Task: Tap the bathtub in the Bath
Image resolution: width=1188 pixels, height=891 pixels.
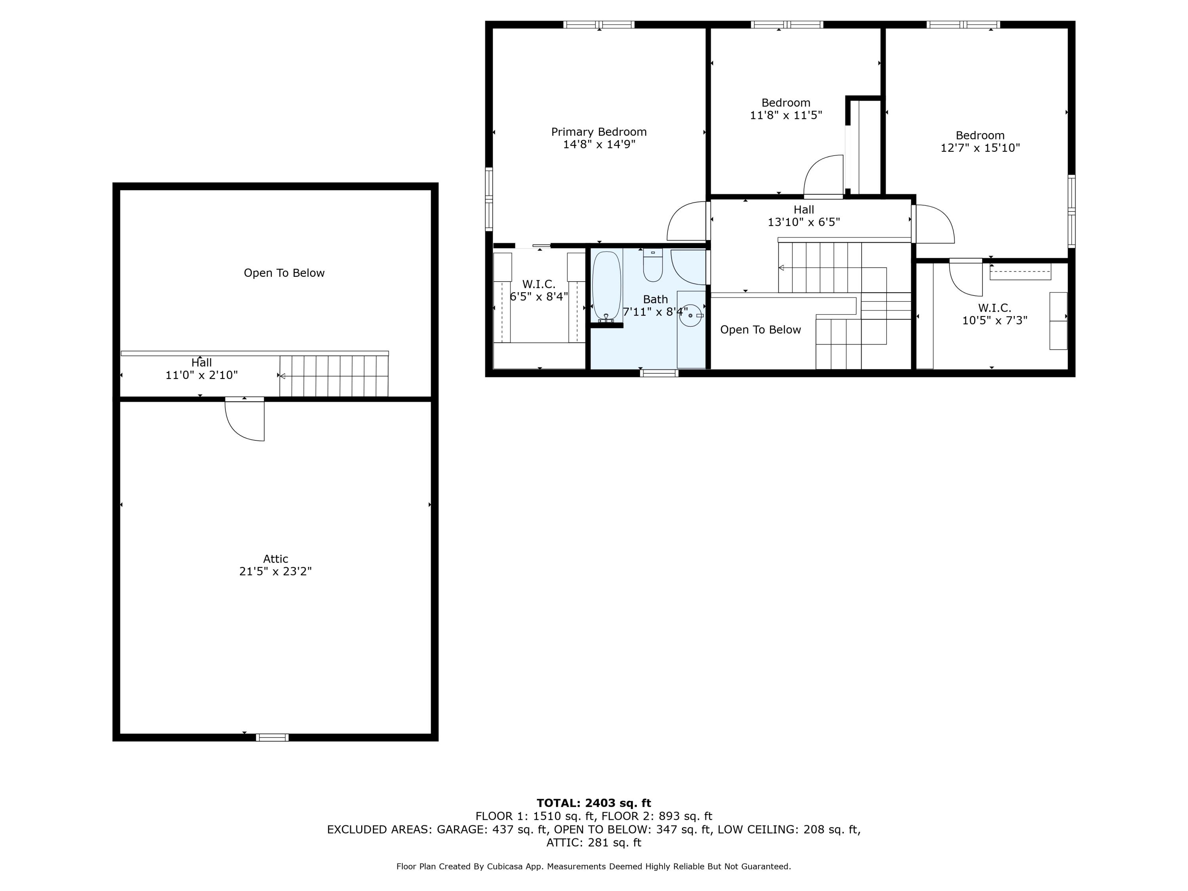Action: point(606,286)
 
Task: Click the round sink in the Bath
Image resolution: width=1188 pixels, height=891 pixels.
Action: point(690,315)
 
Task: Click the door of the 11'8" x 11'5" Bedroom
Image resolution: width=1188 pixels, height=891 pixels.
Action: point(823,177)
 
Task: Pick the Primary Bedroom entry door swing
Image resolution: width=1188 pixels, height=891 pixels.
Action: point(686,221)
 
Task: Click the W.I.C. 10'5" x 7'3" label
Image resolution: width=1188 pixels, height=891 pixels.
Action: point(994,314)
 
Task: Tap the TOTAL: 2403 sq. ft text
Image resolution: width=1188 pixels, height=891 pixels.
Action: point(594,803)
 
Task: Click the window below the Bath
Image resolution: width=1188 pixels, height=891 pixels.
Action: point(659,373)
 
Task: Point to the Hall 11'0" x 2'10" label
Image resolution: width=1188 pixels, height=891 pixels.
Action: point(202,369)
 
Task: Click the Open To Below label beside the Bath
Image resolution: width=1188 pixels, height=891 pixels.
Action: point(760,330)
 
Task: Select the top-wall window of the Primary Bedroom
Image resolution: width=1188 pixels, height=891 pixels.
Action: point(598,25)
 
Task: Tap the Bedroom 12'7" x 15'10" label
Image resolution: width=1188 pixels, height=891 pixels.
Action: point(980,142)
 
